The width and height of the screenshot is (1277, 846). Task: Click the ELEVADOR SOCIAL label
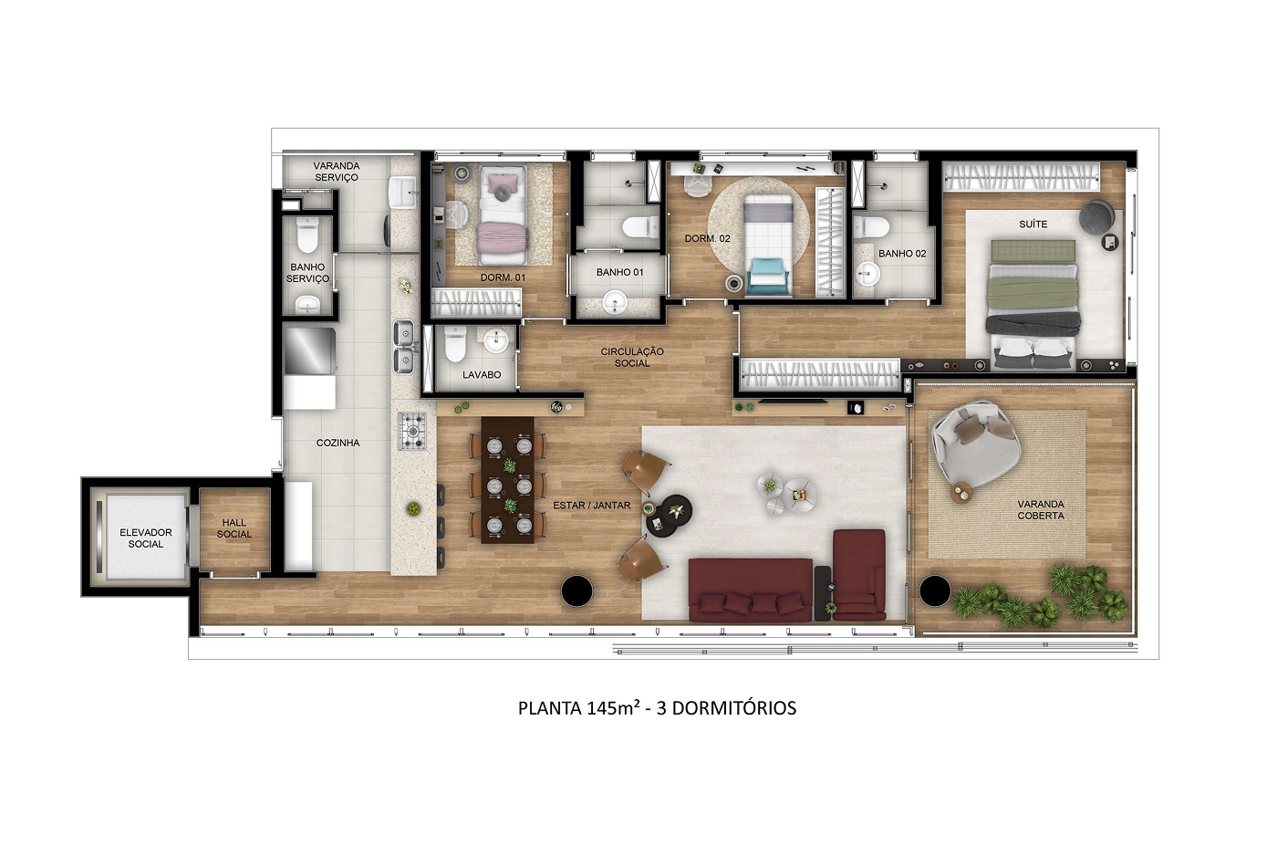pyautogui.click(x=145, y=538)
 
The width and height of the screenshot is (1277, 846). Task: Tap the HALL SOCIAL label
pyautogui.click(x=234, y=528)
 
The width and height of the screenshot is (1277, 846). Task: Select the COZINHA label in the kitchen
pyautogui.click(x=338, y=443)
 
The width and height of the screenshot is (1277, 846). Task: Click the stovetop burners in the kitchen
pyautogui.click(x=412, y=432)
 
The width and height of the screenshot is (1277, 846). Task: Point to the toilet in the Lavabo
pyautogui.click(x=455, y=344)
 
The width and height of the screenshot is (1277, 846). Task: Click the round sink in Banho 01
pyautogui.click(x=615, y=301)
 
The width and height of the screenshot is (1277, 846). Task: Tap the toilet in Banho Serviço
pyautogui.click(x=307, y=235)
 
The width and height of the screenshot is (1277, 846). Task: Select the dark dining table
pyautogui.click(x=508, y=480)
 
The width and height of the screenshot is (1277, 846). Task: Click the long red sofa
pyautogui.click(x=750, y=590)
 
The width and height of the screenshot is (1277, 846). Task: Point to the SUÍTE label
pyautogui.click(x=1033, y=225)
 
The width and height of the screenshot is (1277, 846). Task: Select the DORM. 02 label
pyautogui.click(x=707, y=238)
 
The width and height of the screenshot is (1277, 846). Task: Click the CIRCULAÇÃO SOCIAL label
pyautogui.click(x=632, y=358)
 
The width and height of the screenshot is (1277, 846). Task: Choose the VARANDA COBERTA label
pyautogui.click(x=1041, y=510)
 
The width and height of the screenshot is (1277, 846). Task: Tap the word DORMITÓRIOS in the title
pyautogui.click(x=734, y=707)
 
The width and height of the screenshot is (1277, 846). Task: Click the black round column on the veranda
pyautogui.click(x=934, y=591)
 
